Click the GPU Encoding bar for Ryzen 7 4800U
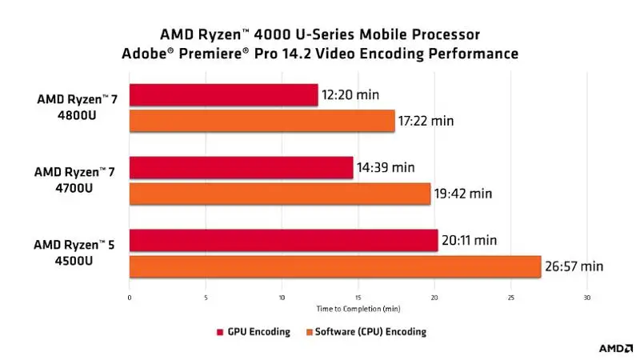(x=223, y=95)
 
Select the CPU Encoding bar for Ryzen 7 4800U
(x=262, y=121)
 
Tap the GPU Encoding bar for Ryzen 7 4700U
(x=241, y=168)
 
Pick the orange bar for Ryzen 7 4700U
(x=279, y=194)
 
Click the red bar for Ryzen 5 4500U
(x=283, y=240)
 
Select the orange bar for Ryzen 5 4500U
(x=335, y=266)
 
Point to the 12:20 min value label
(x=350, y=95)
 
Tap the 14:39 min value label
(x=386, y=168)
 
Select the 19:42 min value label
(x=463, y=194)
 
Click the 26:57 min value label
(x=574, y=266)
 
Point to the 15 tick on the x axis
(x=358, y=298)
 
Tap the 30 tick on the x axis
(x=587, y=298)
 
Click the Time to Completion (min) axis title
(x=358, y=307)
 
